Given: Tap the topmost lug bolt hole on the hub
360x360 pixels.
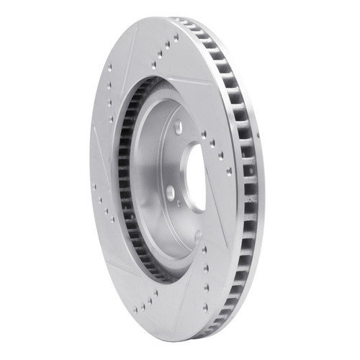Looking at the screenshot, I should (x=178, y=128).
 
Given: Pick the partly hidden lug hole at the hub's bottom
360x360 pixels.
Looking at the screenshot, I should (x=198, y=234).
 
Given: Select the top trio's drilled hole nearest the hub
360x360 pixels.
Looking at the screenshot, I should (x=153, y=64).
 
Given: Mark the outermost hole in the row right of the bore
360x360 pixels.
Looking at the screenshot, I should (x=230, y=171).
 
